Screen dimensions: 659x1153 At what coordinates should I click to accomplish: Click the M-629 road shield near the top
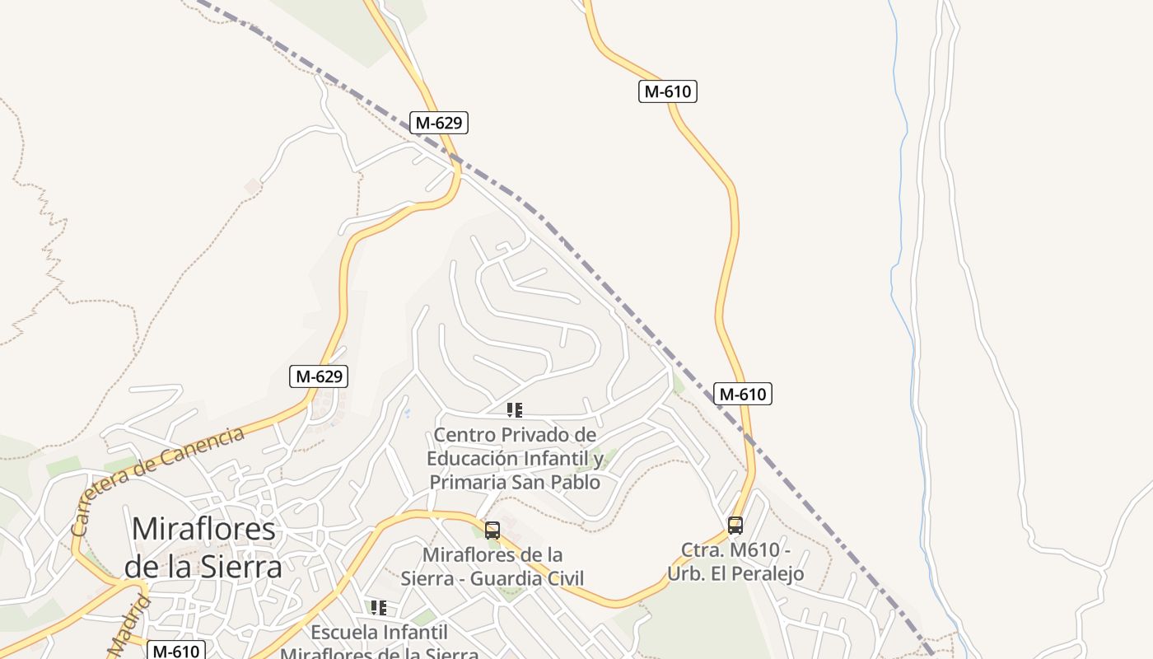point(439,124)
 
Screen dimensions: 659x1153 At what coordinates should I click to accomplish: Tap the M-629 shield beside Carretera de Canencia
point(320,376)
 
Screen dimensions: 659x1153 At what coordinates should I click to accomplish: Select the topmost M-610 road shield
point(667,91)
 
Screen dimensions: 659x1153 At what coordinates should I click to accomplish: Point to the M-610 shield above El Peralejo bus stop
point(742,395)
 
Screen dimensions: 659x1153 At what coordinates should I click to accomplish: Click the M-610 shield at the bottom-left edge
point(176,651)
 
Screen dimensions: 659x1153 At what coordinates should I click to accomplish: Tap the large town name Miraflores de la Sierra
point(203,547)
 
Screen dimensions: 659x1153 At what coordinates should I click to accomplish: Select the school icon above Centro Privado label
point(515,410)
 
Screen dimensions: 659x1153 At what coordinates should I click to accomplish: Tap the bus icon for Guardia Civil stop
point(492,530)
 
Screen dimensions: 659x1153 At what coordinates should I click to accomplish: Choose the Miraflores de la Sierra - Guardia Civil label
point(492,566)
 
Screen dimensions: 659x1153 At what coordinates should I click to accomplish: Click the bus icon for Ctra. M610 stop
point(735,525)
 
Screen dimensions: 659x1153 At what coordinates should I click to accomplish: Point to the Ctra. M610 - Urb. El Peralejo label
point(735,561)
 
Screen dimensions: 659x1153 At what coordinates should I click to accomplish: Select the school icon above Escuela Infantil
point(379,608)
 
